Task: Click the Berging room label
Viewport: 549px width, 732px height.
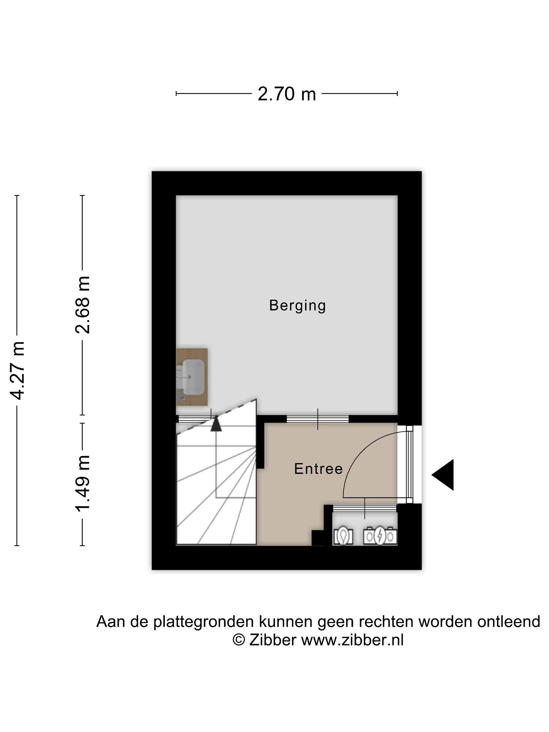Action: point(297,306)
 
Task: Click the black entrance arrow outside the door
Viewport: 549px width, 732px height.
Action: point(443,475)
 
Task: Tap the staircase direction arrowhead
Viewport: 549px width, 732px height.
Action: point(216,424)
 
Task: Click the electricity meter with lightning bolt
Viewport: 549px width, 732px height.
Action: point(380,536)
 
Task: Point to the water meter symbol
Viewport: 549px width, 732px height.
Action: point(343,536)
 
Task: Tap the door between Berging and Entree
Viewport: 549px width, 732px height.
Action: point(318,419)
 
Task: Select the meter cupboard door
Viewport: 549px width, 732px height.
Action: point(365,508)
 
